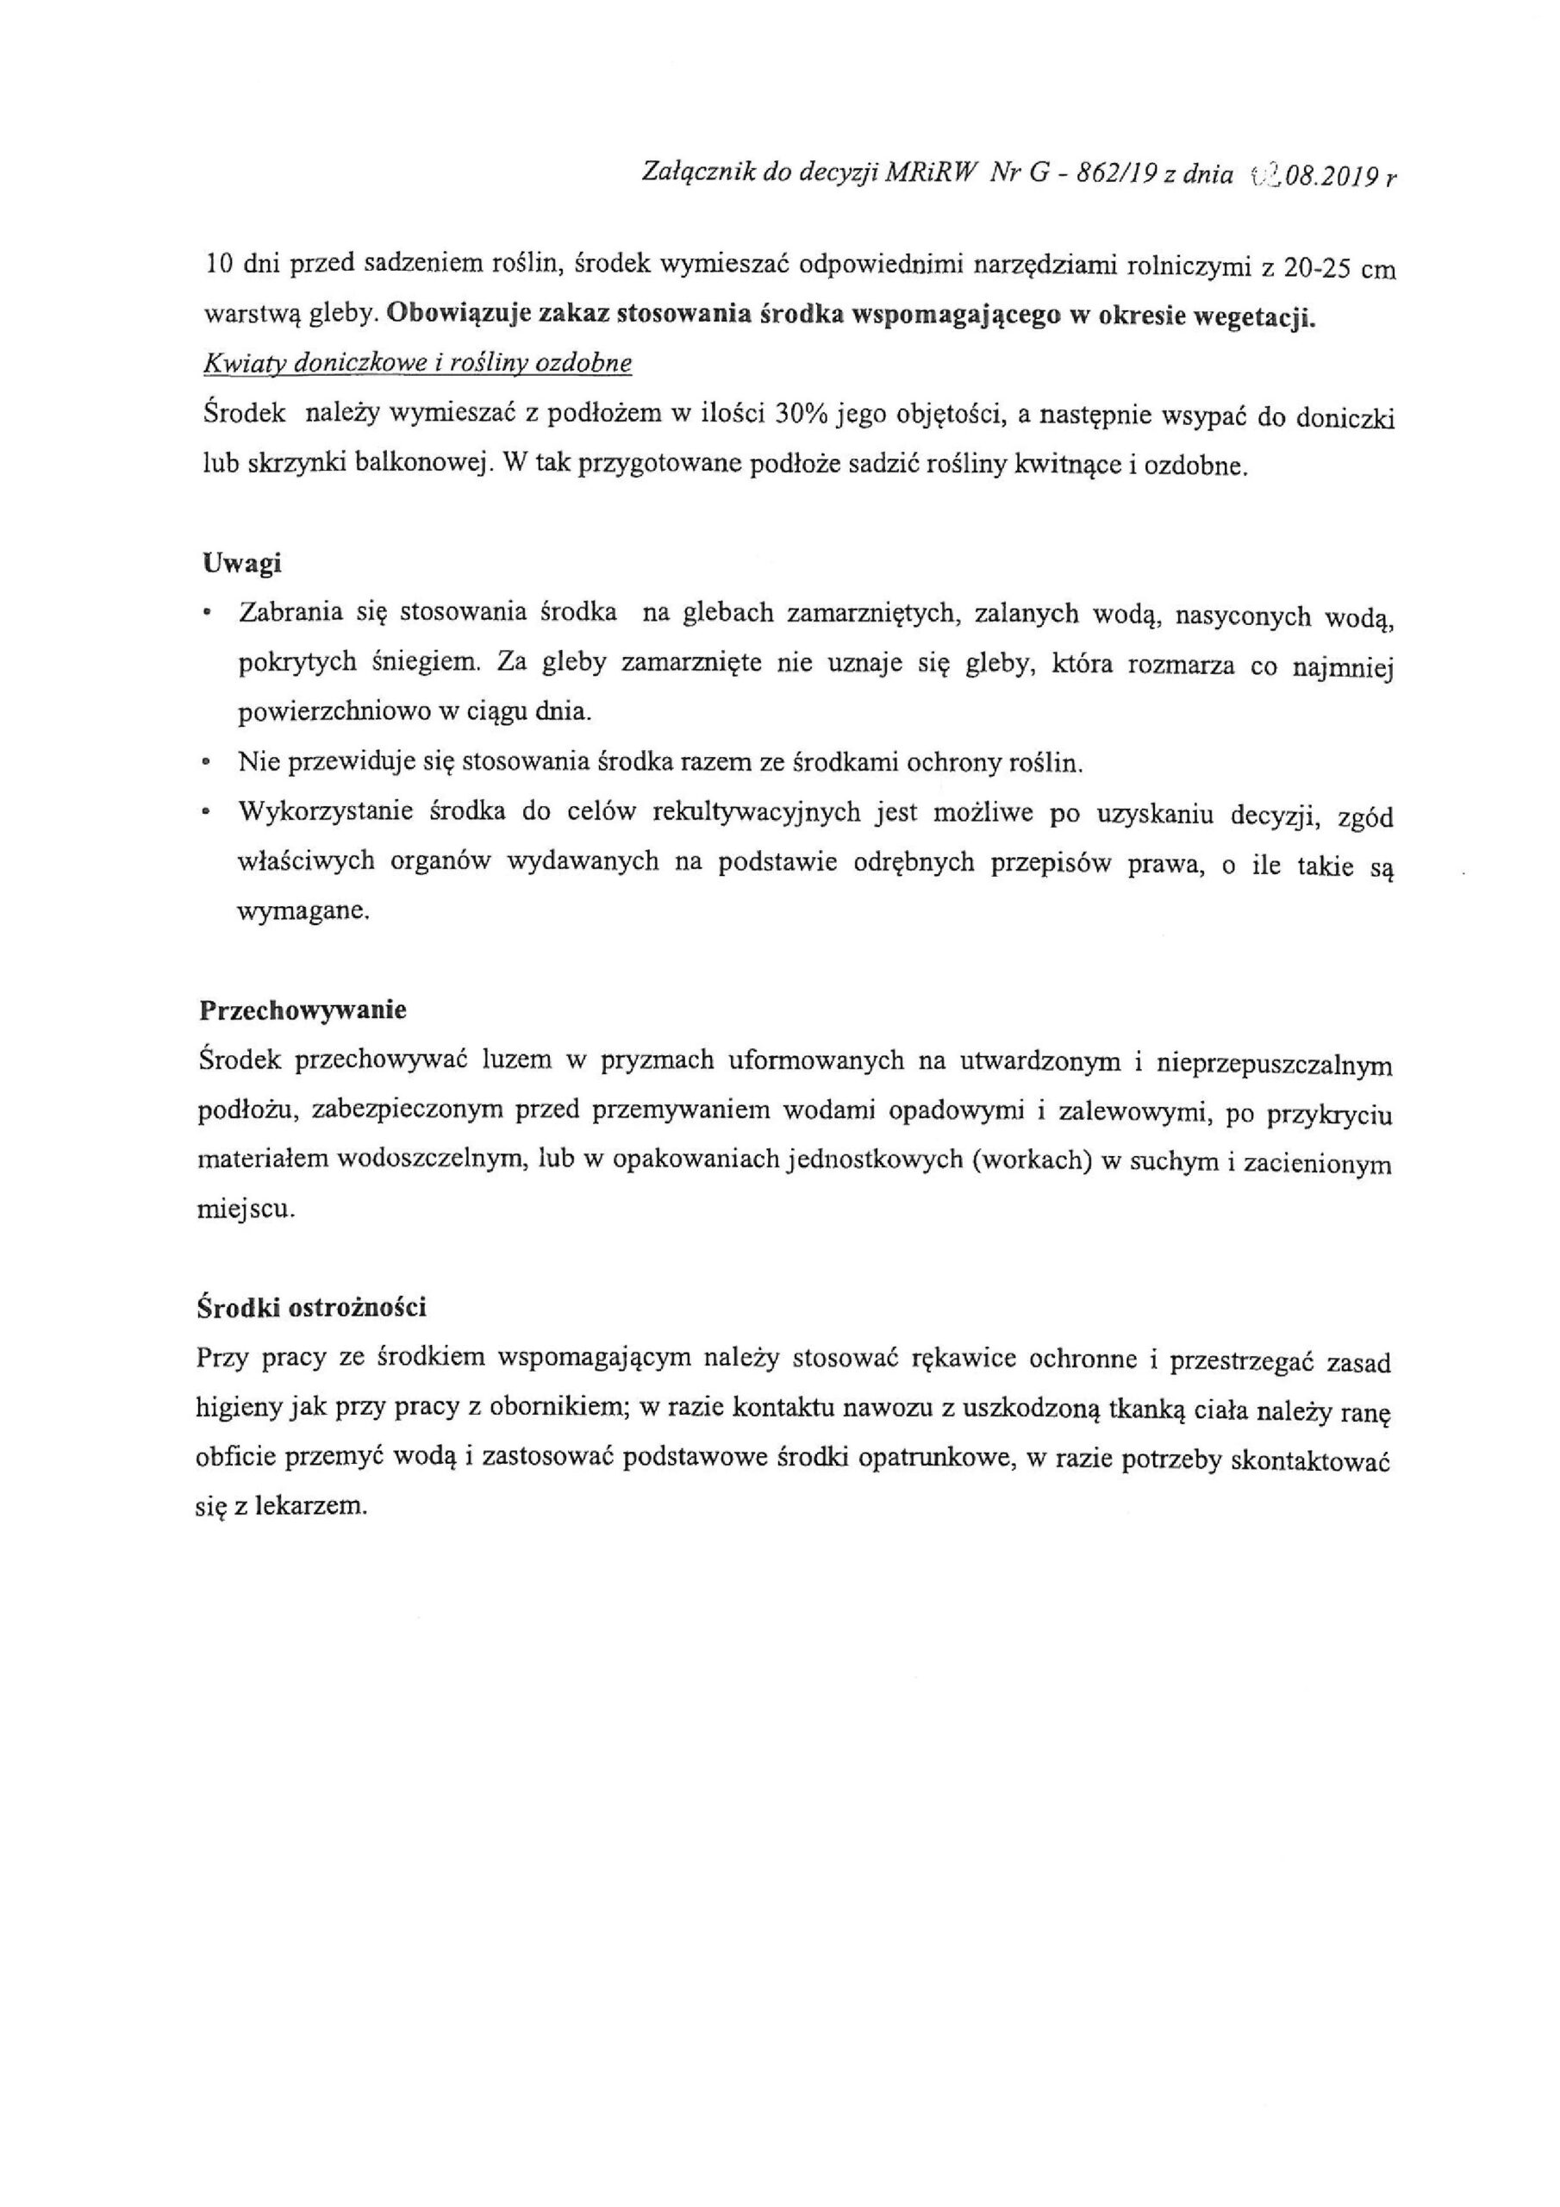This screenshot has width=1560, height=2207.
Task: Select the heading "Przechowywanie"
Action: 303,1011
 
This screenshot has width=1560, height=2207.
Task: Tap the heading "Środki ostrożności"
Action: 311,1308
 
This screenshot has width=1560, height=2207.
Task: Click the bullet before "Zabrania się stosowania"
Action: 206,613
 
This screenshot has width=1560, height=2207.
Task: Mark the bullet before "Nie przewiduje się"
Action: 206,762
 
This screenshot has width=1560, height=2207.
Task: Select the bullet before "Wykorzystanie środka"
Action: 206,812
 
